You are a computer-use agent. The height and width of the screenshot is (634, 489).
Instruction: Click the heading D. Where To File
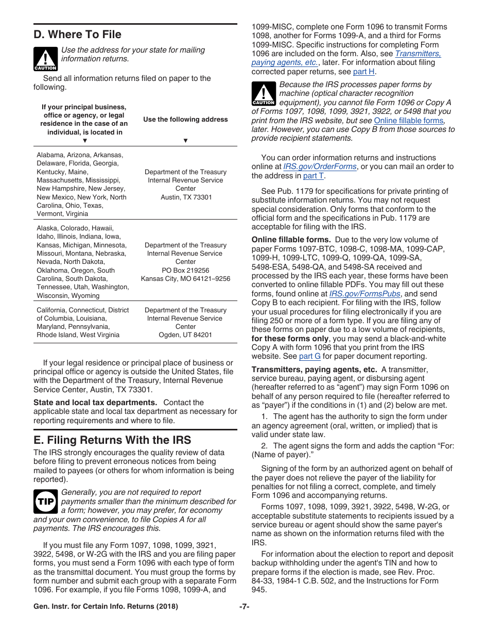coord(77,35)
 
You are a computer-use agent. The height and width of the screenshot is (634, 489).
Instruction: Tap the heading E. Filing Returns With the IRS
coord(112,440)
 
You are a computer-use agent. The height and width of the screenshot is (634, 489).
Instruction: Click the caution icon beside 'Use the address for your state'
coord(45,59)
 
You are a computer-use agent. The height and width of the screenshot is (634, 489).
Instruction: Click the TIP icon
coord(45,501)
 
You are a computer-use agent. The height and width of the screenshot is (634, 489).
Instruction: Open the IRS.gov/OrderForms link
coord(320,166)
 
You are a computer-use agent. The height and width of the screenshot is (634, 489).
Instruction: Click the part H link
coord(363,72)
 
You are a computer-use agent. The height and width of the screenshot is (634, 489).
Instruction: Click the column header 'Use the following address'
coord(185,120)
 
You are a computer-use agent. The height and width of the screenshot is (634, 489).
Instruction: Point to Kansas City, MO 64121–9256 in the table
coord(185,279)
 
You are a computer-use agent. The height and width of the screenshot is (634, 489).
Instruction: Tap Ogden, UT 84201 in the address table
coord(185,335)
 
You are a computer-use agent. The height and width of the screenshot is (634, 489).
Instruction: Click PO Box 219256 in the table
coord(185,270)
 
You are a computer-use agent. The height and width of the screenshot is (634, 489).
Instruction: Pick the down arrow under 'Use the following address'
coord(185,141)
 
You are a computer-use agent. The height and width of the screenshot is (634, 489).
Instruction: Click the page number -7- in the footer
coord(244,607)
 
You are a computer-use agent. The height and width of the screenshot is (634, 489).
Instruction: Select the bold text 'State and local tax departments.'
coord(95,403)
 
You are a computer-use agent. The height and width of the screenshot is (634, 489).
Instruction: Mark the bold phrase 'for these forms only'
coord(290,339)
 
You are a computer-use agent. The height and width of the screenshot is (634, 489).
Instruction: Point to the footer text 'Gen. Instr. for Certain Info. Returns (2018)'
coord(106,607)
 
